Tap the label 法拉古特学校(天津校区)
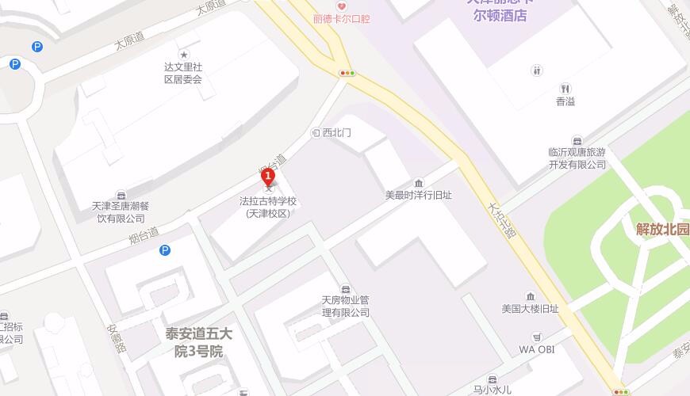point(269,207)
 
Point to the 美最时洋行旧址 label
point(418,195)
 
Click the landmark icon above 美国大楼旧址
point(531,295)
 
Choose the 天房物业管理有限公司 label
point(345,307)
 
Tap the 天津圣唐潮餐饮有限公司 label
point(120,212)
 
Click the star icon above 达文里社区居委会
point(183,54)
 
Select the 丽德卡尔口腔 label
point(342,18)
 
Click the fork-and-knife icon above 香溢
point(565,88)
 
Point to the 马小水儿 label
point(493,389)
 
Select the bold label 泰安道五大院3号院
point(194,342)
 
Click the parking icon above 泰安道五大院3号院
point(165,250)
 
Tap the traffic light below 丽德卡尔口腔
point(347,73)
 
